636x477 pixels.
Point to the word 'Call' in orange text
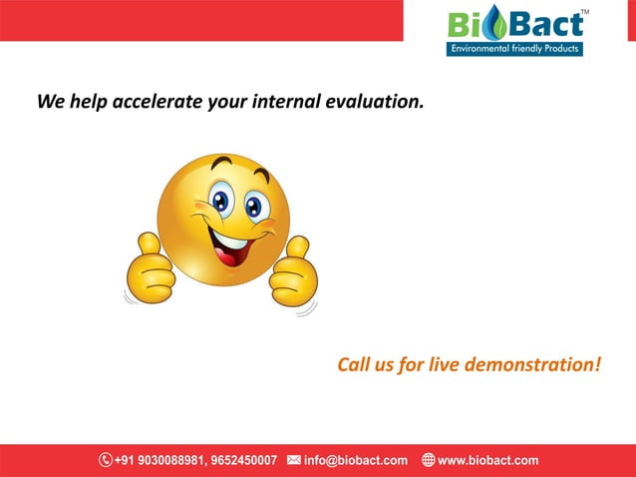354,364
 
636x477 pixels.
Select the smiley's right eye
255,207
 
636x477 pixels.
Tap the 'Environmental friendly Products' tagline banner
513,49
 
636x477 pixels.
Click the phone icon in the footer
105,460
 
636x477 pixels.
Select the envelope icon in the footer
293,460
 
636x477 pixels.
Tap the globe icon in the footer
428,460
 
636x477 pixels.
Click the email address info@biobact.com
356,460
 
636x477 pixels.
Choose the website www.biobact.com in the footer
488,460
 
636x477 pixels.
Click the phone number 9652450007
242,460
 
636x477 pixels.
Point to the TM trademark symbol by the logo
584,12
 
